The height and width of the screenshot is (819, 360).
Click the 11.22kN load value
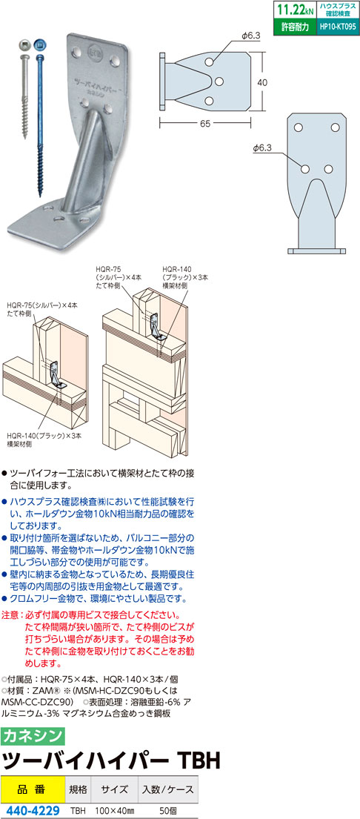click(x=294, y=10)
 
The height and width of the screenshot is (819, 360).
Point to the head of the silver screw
click(x=24, y=46)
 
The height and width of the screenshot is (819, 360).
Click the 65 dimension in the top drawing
click(x=204, y=124)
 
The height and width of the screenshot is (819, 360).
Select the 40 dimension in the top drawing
click(x=262, y=82)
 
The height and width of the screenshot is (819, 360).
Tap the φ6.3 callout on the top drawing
click(x=250, y=35)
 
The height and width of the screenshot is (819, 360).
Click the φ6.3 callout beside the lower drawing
click(x=262, y=147)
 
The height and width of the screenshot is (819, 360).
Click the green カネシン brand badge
click(x=33, y=736)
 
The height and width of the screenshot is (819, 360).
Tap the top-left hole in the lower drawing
click(x=298, y=128)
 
